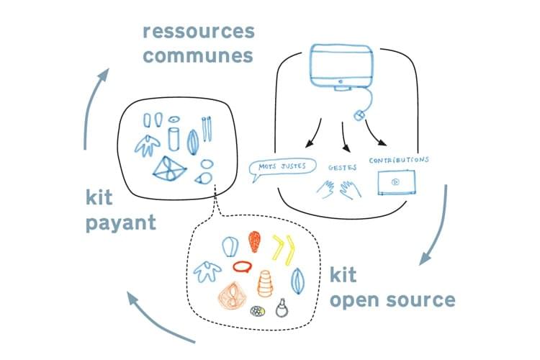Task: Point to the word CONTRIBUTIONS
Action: click(399, 159)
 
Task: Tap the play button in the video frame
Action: click(395, 182)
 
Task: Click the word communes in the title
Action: click(198, 55)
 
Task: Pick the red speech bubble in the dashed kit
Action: click(242, 267)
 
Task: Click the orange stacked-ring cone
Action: click(265, 282)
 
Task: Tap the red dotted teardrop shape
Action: click(254, 242)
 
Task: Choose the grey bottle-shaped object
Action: click(280, 308)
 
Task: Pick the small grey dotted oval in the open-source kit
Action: click(256, 312)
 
